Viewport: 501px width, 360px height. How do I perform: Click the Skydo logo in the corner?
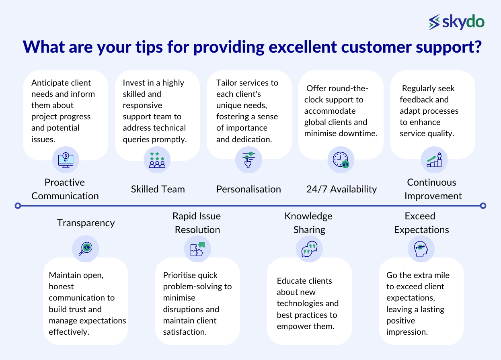[x=456, y=22]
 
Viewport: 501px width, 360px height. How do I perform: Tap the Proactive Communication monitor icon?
[x=66, y=160]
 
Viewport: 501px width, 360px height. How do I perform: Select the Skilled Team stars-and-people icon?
[x=157, y=160]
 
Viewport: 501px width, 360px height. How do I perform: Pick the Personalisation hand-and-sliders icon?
[x=248, y=160]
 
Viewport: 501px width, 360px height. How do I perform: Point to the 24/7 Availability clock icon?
[x=341, y=160]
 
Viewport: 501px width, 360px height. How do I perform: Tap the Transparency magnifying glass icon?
[x=85, y=249]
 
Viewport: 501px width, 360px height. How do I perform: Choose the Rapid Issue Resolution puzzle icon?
[x=197, y=249]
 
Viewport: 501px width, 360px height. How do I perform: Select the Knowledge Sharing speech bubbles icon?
[x=309, y=249]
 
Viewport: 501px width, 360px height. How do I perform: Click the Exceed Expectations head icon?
[x=421, y=249]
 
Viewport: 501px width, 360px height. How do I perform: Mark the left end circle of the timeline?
[x=17, y=206]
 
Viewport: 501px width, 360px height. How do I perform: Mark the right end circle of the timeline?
[x=483, y=206]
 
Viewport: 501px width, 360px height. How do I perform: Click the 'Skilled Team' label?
[x=158, y=189]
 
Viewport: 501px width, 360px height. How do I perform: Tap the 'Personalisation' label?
[x=248, y=189]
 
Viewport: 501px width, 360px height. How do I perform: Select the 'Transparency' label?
[x=86, y=223]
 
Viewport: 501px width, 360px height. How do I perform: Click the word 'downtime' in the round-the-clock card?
[x=358, y=133]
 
